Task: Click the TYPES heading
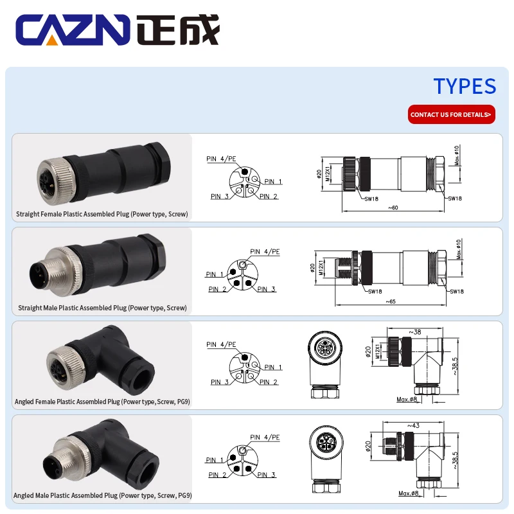(465, 86)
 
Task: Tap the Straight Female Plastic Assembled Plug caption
(102, 214)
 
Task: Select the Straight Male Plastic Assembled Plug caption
(102, 308)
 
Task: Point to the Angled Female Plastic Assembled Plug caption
(102, 402)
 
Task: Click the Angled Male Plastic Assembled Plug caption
(103, 495)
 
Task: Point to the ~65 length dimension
(390, 301)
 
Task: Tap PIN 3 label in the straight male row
(266, 289)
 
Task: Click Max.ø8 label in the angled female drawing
(407, 400)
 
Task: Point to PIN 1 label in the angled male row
(215, 460)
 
